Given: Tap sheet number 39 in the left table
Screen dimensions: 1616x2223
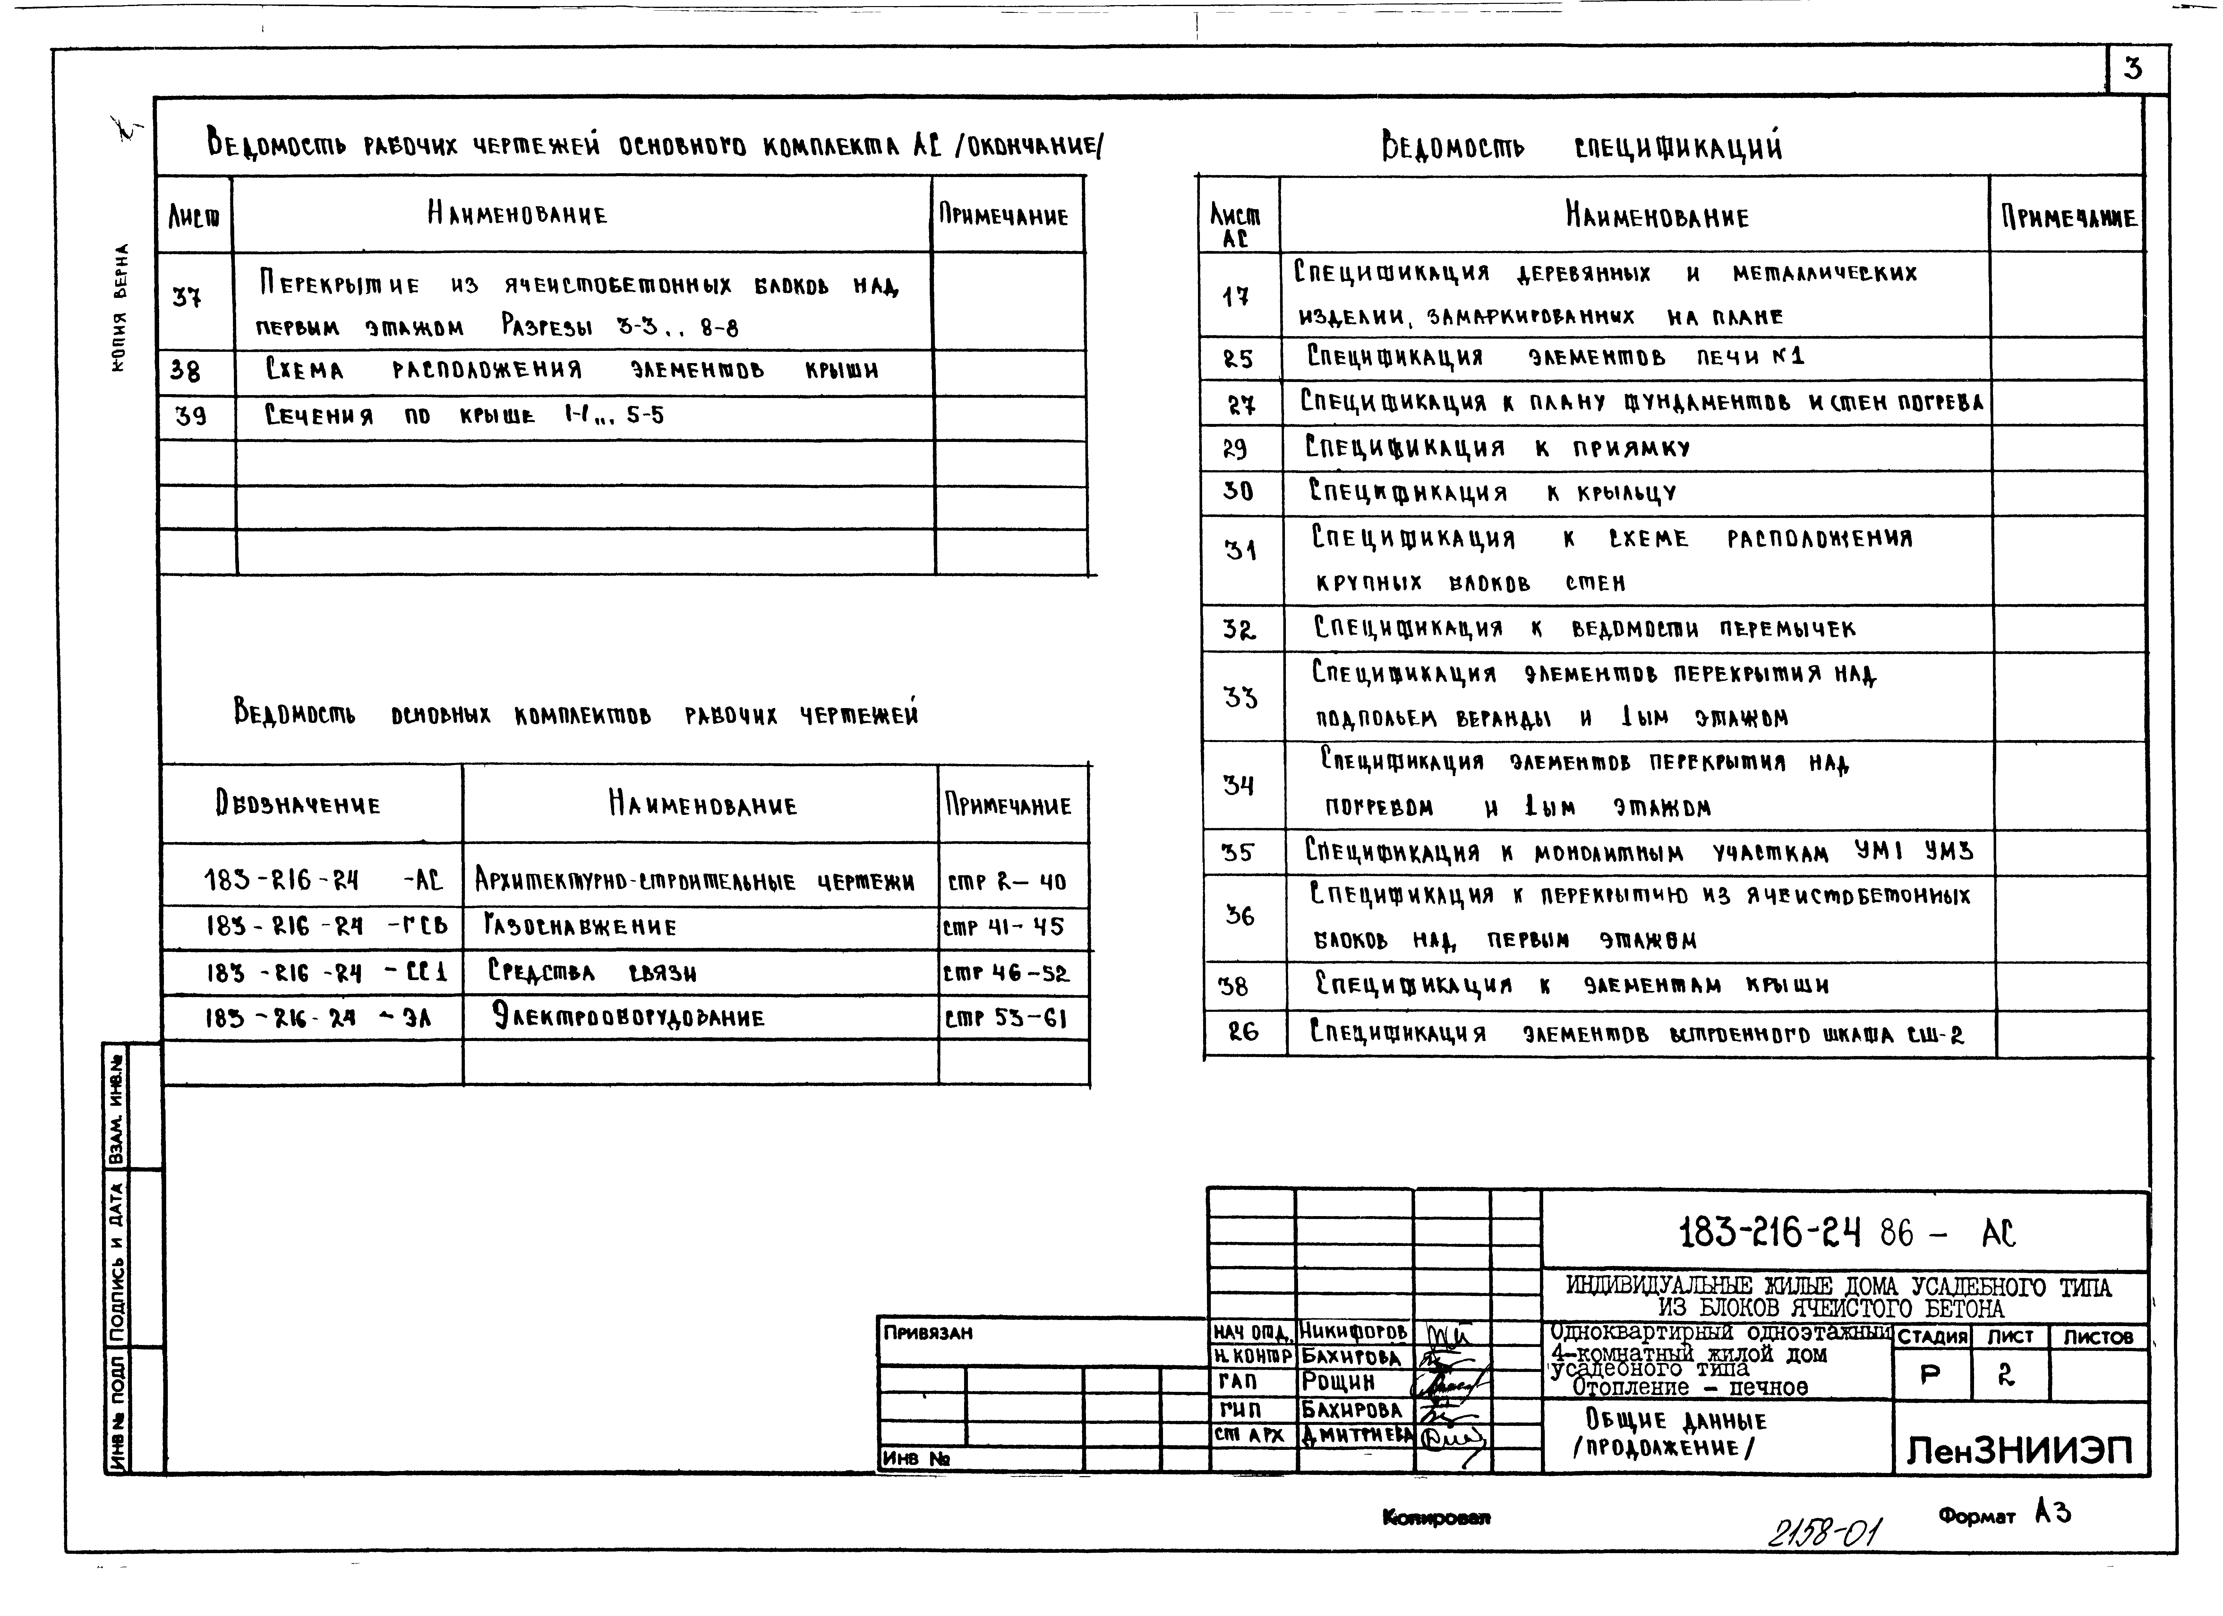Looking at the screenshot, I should (x=191, y=417).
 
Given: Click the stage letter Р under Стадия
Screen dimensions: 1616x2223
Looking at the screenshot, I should (x=1930, y=1375).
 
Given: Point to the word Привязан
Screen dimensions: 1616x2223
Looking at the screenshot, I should (x=927, y=1333).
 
